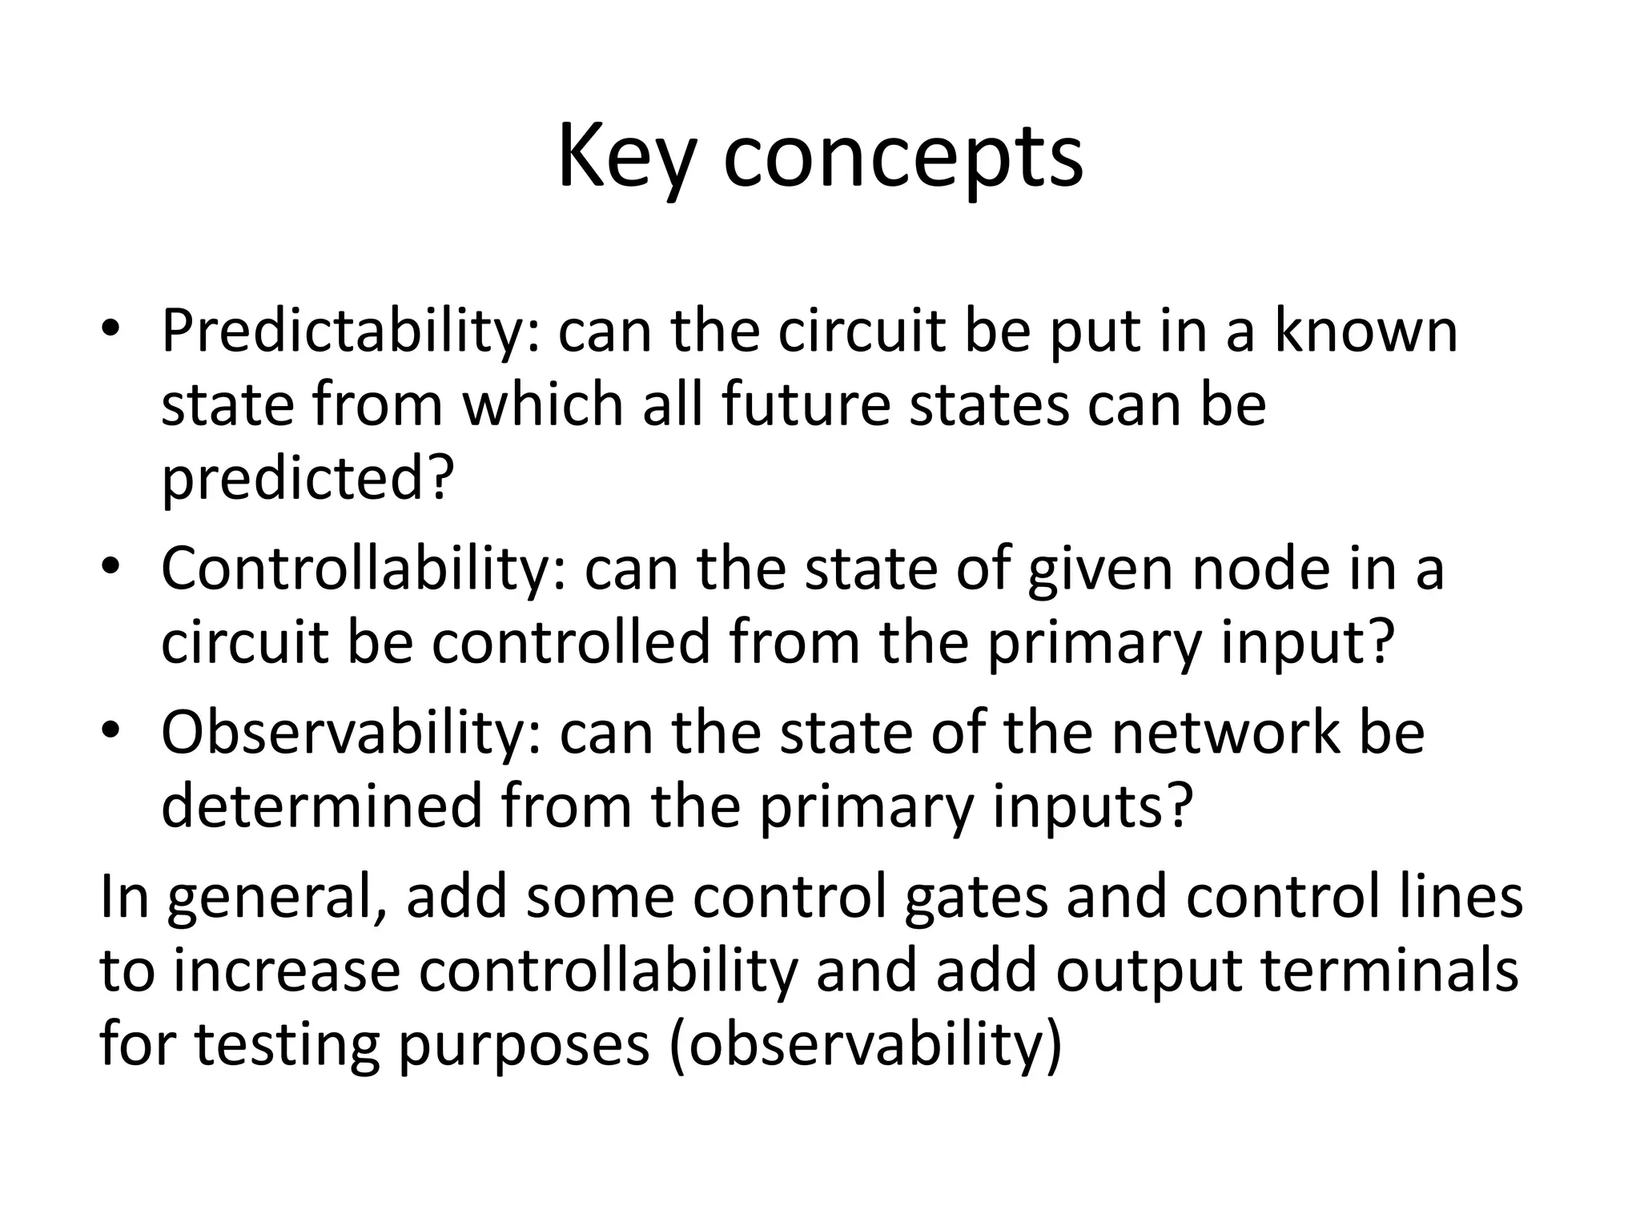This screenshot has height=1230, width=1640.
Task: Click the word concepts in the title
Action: (x=902, y=159)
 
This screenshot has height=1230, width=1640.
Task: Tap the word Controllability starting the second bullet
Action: (x=363, y=569)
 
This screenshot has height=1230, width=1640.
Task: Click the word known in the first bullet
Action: (x=1366, y=331)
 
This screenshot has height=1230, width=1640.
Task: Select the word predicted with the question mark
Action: (x=308, y=478)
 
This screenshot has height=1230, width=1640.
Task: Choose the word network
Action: (x=1225, y=733)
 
